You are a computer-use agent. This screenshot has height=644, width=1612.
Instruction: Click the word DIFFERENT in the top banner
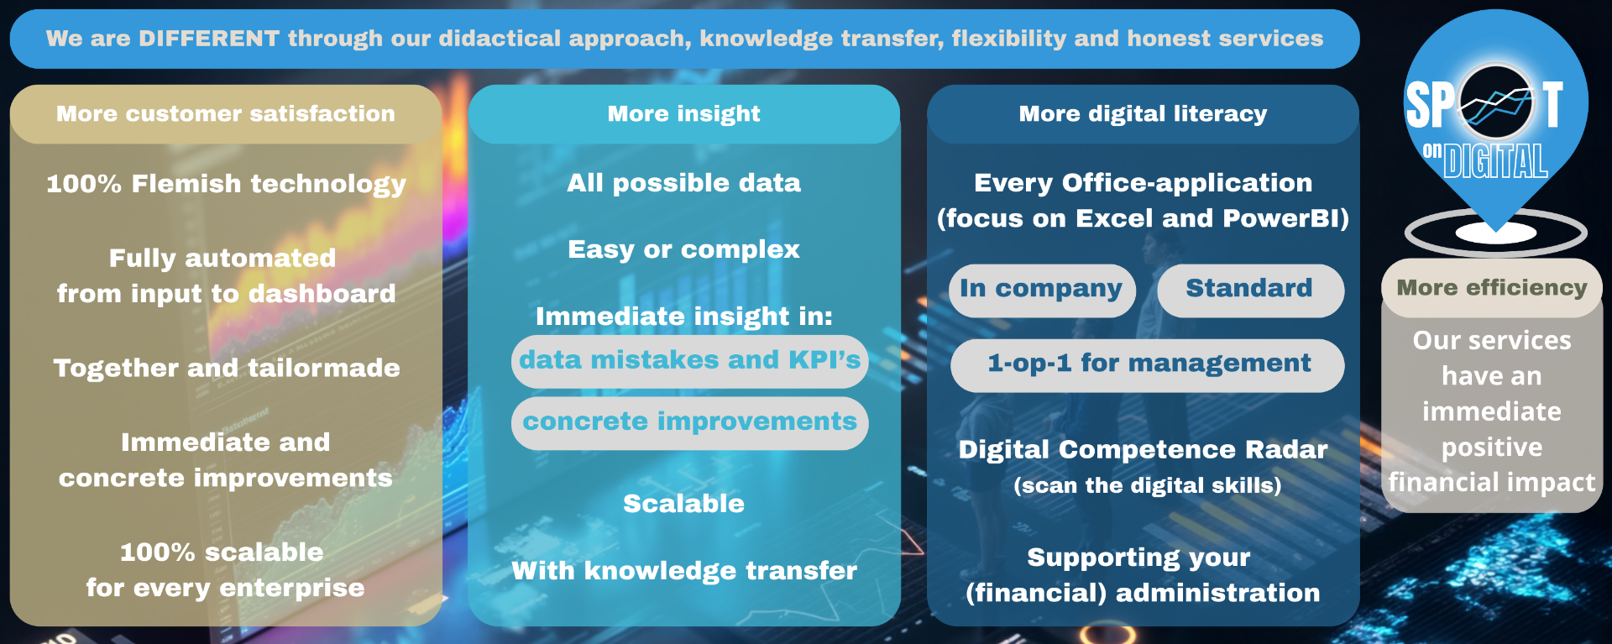(x=209, y=39)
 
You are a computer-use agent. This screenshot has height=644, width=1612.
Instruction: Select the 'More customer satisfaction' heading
(x=226, y=113)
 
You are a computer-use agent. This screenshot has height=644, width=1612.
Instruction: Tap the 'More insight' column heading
(x=684, y=113)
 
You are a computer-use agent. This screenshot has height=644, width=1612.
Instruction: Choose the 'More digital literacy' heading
(x=1143, y=113)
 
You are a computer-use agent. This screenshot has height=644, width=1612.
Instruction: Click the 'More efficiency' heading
(x=1492, y=288)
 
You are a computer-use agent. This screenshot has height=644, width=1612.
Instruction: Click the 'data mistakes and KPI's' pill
(x=689, y=362)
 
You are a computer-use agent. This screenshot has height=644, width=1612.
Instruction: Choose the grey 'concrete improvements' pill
(x=689, y=423)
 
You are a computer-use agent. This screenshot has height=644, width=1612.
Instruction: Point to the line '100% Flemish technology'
(x=226, y=184)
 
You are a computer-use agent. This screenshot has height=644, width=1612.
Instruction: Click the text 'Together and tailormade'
(x=227, y=368)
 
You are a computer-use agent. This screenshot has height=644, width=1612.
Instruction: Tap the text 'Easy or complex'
(x=683, y=249)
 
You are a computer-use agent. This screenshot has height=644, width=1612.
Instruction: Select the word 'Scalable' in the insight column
(x=683, y=504)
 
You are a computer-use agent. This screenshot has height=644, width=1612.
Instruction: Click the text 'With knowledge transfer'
(x=684, y=571)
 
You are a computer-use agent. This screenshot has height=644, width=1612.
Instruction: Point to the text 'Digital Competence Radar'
(x=1143, y=450)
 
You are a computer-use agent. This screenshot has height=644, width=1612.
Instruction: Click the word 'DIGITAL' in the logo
(x=1495, y=161)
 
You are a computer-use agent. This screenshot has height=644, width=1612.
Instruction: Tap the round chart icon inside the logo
(x=1495, y=102)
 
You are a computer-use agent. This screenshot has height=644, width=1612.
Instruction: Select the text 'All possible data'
(x=683, y=183)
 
